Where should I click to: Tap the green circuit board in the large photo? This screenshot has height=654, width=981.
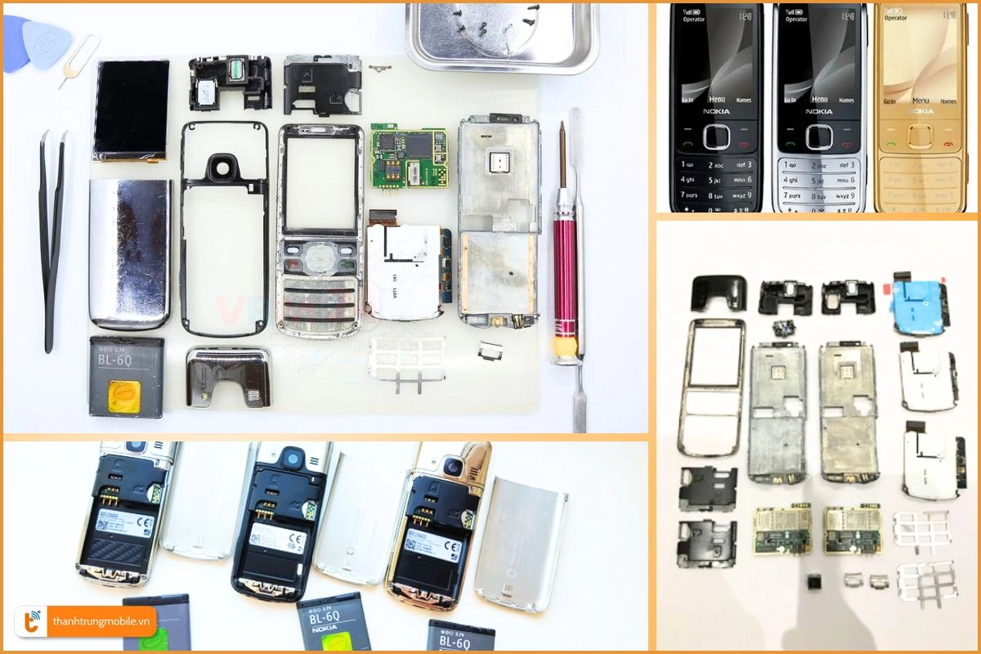(x=409, y=157)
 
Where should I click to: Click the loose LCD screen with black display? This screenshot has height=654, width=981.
(x=131, y=110)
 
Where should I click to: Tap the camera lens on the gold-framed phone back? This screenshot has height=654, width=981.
(x=451, y=468)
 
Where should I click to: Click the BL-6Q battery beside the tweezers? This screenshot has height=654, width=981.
(x=126, y=376)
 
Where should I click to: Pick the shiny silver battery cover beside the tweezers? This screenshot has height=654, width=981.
(x=130, y=253)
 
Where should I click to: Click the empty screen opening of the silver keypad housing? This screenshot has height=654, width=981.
(x=320, y=182)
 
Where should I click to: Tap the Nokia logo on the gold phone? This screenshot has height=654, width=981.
(x=920, y=111)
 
